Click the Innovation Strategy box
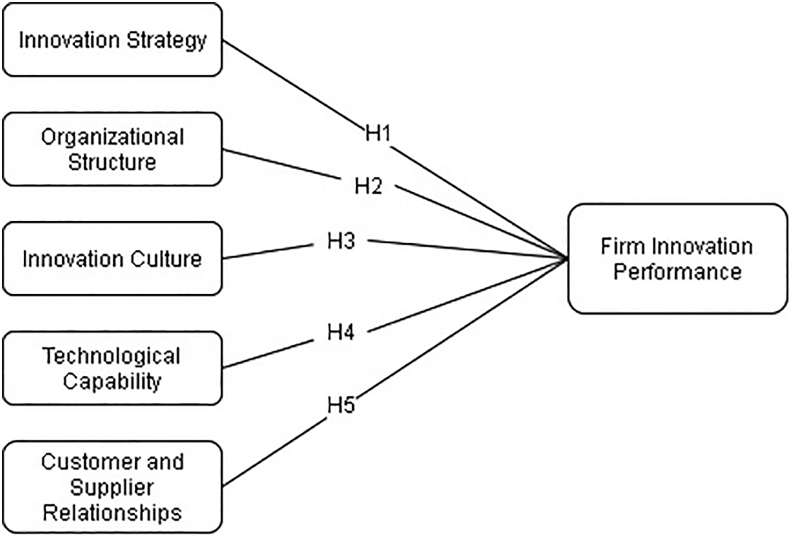click(x=112, y=39)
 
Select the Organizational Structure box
click(x=112, y=149)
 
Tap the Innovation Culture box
click(x=112, y=258)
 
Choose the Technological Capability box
click(x=112, y=368)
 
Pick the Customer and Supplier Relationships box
click(x=112, y=486)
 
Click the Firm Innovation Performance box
click(x=677, y=258)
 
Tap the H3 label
click(x=340, y=241)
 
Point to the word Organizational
click(x=112, y=137)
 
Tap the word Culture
click(x=164, y=258)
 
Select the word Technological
click(x=111, y=356)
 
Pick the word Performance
click(x=677, y=272)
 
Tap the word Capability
click(x=112, y=381)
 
